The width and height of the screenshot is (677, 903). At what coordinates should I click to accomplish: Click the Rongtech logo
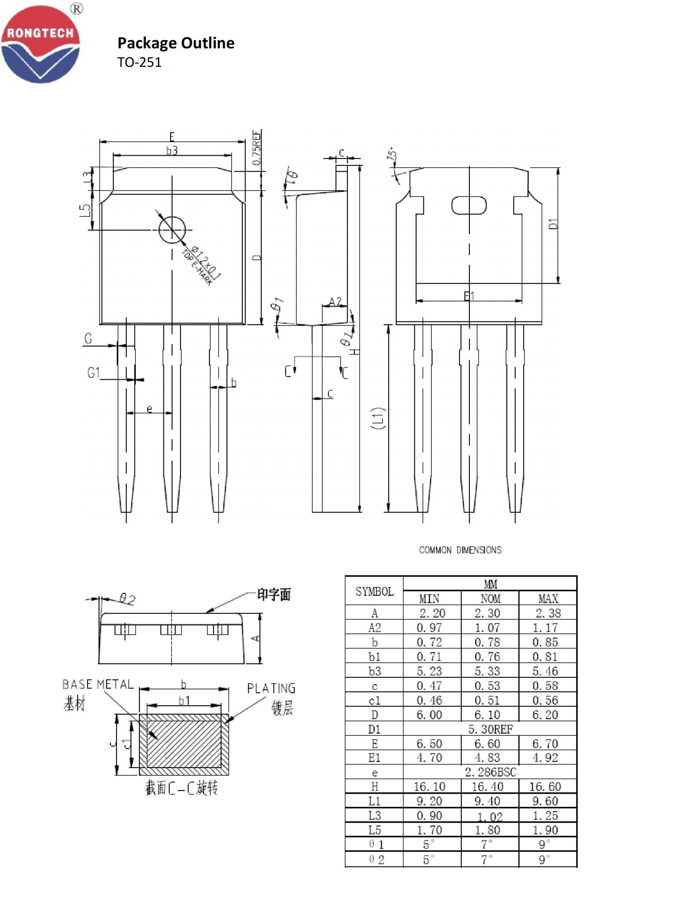click(x=40, y=44)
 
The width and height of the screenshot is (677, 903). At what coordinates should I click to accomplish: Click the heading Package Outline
click(x=176, y=43)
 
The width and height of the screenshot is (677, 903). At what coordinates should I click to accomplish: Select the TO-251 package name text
click(x=139, y=62)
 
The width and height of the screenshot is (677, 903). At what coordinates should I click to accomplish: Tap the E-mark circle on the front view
click(x=172, y=230)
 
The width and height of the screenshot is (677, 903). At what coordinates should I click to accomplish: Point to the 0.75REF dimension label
click(x=256, y=148)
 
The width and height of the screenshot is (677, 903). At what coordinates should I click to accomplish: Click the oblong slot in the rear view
click(x=469, y=205)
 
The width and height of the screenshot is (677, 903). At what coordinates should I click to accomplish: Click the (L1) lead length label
click(x=378, y=418)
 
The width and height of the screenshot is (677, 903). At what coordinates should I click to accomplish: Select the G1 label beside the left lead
click(x=93, y=373)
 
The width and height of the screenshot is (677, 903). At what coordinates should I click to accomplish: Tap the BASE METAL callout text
click(x=98, y=684)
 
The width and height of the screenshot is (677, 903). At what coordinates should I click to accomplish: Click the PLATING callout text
click(x=271, y=689)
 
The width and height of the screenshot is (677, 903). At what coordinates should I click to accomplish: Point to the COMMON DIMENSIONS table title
click(x=460, y=550)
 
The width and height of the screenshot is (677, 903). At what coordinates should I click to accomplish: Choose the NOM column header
click(x=490, y=599)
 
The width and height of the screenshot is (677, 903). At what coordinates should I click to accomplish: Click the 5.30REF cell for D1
click(x=490, y=729)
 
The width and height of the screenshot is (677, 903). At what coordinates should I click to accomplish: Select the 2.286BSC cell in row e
click(x=490, y=772)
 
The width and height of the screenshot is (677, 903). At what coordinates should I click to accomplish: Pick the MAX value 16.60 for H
click(x=545, y=787)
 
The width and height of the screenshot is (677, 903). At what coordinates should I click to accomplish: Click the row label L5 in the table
click(x=374, y=830)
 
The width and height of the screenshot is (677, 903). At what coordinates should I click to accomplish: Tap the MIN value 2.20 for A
click(x=431, y=613)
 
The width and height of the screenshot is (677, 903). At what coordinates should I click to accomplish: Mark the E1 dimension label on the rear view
click(x=469, y=296)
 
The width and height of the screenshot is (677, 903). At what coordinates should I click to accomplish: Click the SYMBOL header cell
click(x=374, y=591)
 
